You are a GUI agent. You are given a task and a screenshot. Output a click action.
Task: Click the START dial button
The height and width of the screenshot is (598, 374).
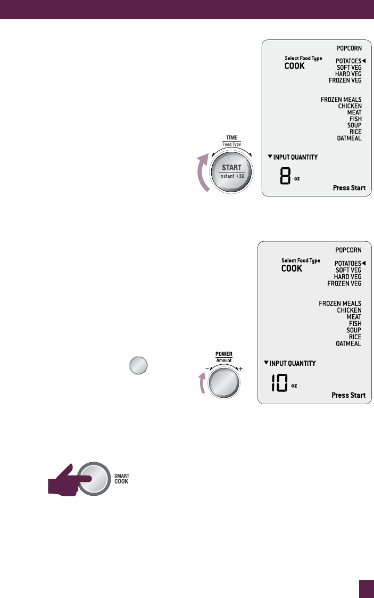228,171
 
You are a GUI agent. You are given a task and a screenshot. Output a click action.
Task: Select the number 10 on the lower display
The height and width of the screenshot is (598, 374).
279,383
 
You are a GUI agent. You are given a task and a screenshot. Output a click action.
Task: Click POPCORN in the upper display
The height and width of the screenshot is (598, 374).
349,48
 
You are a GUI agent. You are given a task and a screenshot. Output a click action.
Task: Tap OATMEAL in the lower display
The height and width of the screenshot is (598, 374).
348,343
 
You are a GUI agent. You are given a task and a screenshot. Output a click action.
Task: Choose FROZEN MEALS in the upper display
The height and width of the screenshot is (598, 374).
341,100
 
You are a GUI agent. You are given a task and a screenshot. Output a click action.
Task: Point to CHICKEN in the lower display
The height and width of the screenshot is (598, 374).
349,310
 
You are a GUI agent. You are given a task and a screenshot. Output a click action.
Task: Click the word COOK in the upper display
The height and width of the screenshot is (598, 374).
295,67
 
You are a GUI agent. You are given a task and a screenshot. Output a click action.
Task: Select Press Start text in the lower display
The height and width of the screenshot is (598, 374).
348,395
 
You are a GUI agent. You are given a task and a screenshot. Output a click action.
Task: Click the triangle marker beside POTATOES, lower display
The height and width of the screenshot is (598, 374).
364,263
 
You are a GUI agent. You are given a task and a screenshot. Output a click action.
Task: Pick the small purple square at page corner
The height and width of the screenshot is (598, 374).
366,589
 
